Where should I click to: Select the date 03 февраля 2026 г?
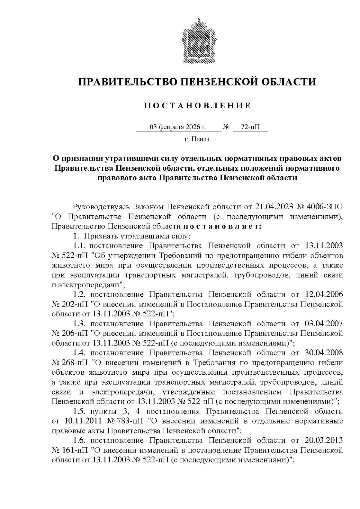[178, 127]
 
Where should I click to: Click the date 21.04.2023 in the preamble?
[274, 207]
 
